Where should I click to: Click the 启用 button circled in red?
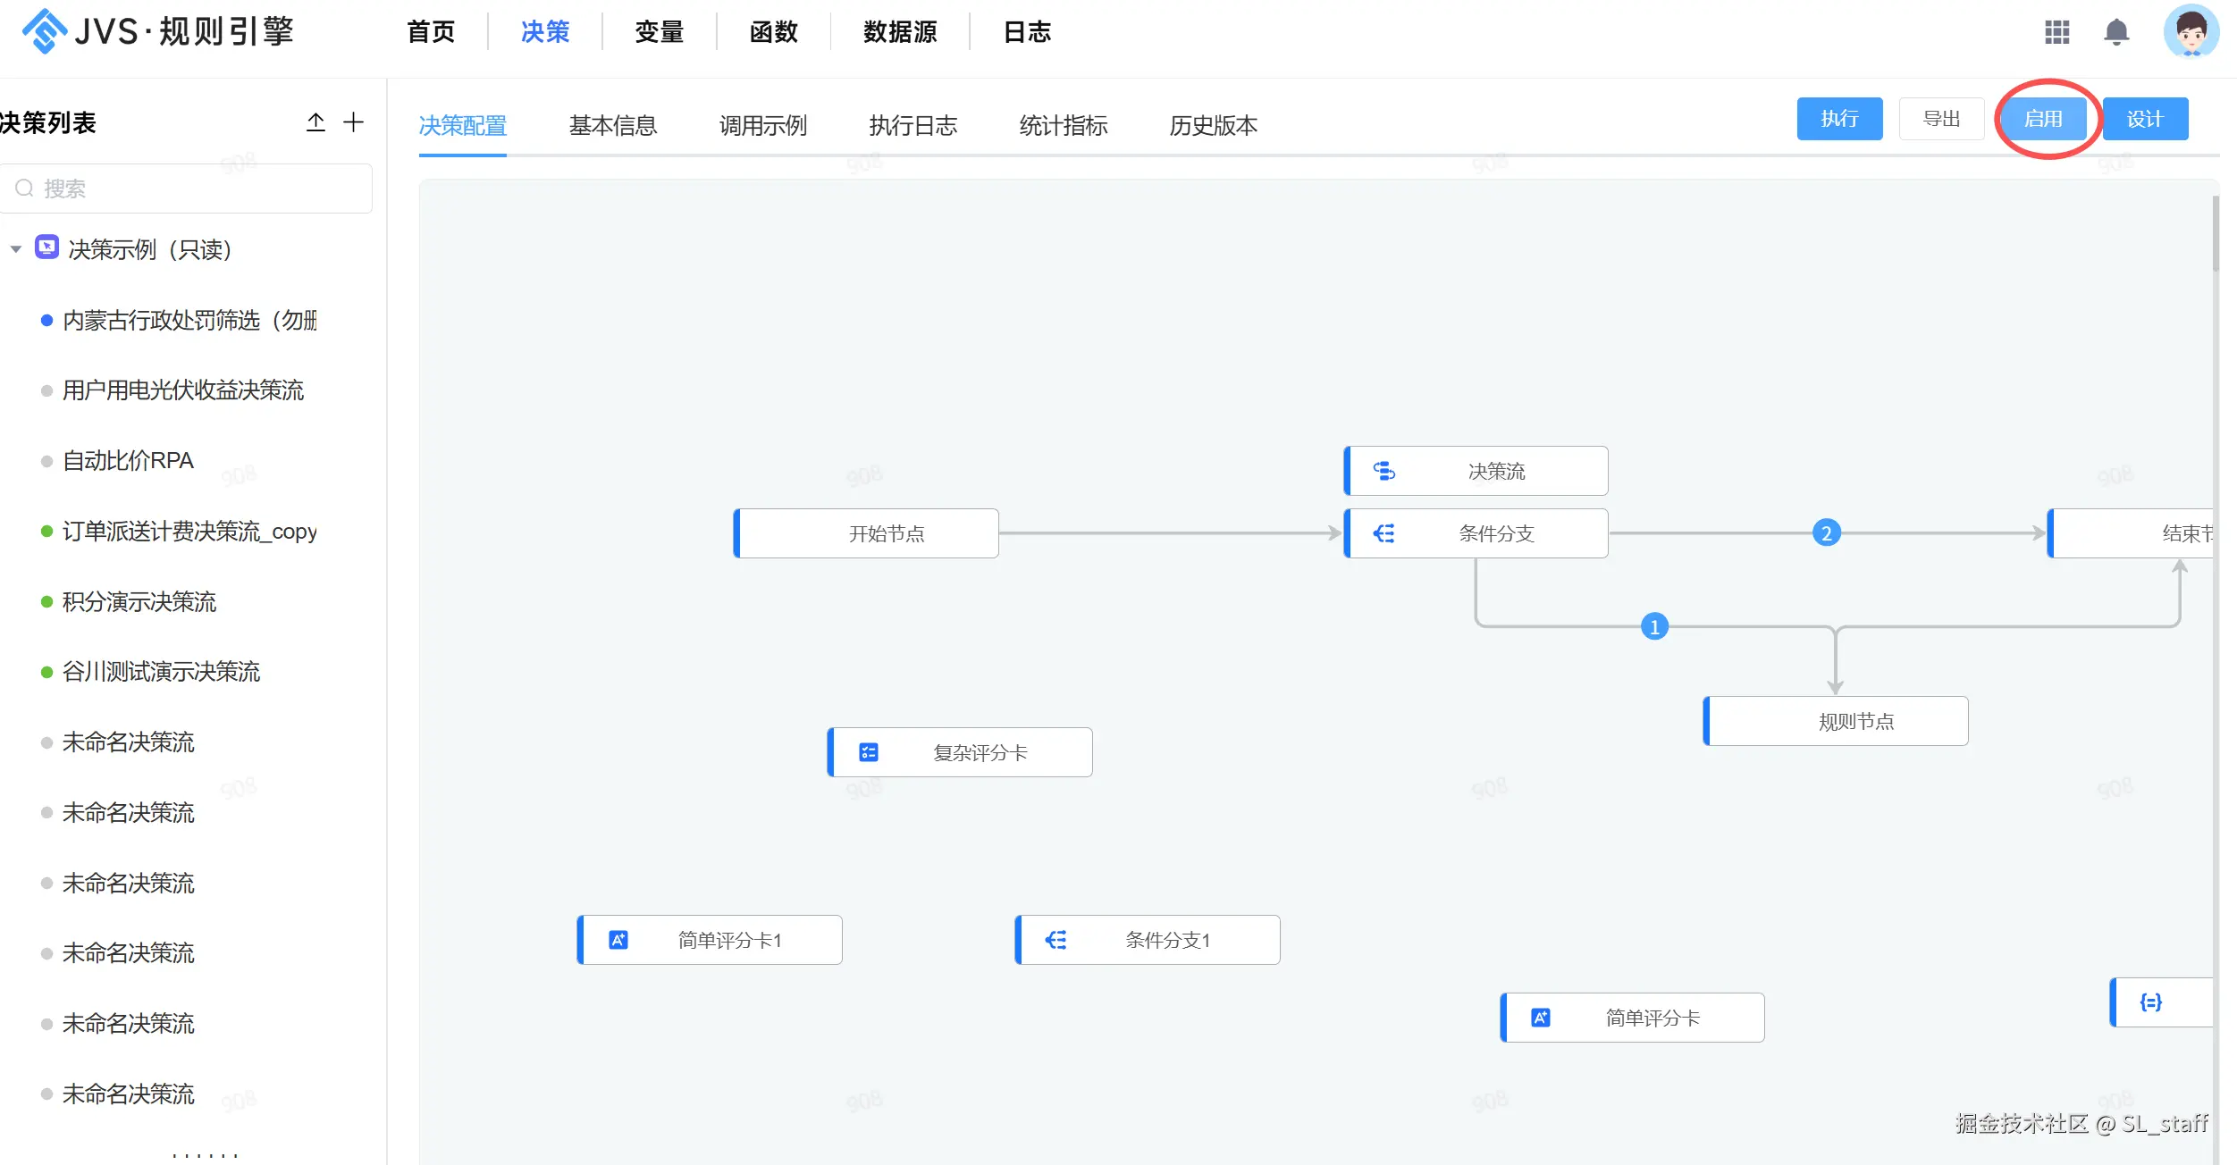(2043, 119)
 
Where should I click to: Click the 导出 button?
(1941, 119)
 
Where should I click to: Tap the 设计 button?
(2145, 119)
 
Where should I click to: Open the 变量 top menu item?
(659, 32)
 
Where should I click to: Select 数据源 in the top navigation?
(900, 32)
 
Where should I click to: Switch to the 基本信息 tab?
(613, 125)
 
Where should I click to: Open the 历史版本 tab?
(1214, 125)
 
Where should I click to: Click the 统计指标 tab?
(1064, 125)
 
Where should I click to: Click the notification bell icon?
(2116, 32)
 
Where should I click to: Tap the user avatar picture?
(2191, 31)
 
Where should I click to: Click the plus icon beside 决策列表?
(354, 122)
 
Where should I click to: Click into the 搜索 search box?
(186, 189)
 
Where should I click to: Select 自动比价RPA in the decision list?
(128, 461)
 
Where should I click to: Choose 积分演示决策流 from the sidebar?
(139, 602)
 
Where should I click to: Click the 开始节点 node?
(866, 533)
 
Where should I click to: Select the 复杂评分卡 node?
(960, 752)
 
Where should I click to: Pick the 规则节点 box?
(1836, 721)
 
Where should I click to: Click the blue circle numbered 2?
(1827, 533)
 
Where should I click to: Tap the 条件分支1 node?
(1148, 940)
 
